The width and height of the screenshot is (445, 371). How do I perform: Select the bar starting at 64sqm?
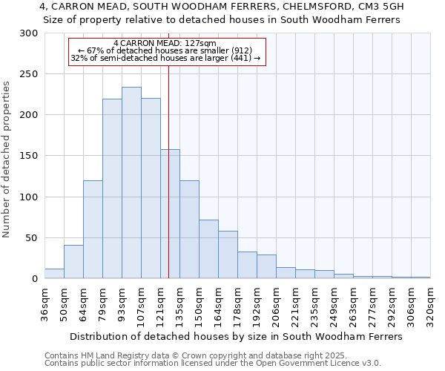click(x=93, y=229)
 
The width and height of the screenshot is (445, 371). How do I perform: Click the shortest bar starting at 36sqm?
click(x=54, y=274)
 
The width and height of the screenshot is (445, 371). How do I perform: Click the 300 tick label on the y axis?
click(x=29, y=33)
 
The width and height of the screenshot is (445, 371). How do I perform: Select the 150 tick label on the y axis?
click(x=29, y=156)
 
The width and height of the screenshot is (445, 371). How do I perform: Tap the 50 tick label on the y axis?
click(x=32, y=238)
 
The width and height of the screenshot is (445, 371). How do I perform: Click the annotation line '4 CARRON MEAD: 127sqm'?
click(x=165, y=44)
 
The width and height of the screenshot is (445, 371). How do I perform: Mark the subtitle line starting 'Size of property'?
click(x=222, y=20)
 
